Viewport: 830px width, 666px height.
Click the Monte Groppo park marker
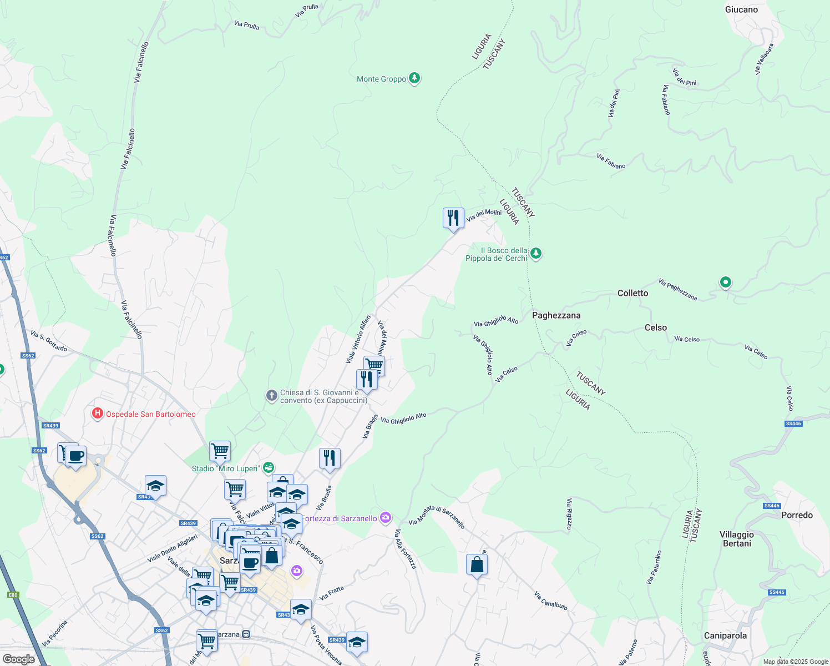[x=414, y=78]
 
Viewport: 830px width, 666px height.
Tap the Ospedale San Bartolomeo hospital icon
[x=98, y=414]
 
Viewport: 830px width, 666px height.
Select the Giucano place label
[x=741, y=9]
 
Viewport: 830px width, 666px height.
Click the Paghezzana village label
[x=556, y=315]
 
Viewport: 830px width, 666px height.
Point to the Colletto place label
[x=632, y=293]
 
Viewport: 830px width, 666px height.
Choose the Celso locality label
[x=655, y=327]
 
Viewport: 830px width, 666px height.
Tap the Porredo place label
[x=797, y=515]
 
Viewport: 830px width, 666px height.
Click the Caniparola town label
[x=725, y=635]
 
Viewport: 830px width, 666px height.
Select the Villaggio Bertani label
[x=737, y=539]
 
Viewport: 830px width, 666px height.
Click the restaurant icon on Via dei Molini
[x=453, y=218]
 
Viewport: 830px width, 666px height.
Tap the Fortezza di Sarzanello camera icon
[x=386, y=518]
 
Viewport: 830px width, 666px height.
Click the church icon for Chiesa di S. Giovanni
[x=271, y=396]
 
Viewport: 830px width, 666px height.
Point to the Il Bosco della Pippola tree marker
[x=535, y=254]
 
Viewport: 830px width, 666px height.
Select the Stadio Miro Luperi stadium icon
[x=269, y=468]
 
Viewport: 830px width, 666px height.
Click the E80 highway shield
[x=13, y=595]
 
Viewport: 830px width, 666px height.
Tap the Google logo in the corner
[x=18, y=659]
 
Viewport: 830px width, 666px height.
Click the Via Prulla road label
[x=246, y=25]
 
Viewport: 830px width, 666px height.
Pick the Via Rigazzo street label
[x=569, y=514]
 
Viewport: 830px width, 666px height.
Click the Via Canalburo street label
[x=550, y=601]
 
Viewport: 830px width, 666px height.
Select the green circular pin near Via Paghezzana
[x=725, y=282]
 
